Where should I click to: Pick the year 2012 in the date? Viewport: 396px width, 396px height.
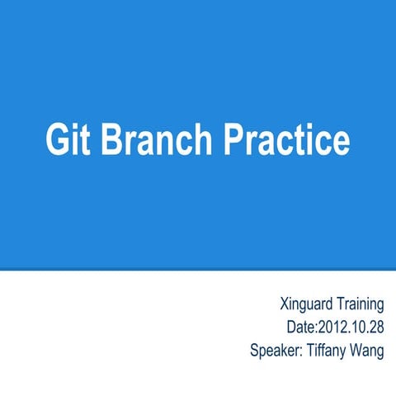pos(332,328)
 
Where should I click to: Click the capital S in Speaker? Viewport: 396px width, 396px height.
pos(254,350)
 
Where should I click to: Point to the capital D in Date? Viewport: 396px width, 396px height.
pos(290,328)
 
